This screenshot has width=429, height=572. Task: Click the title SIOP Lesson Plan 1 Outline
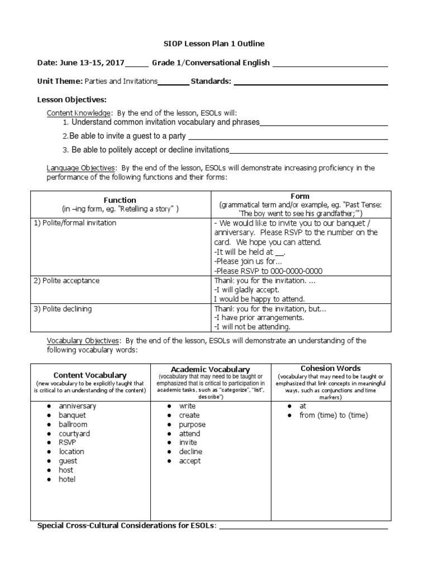(214, 44)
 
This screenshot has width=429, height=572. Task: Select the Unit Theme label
(60, 82)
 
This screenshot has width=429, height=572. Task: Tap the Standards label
(211, 82)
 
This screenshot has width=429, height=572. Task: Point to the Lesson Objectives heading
(71, 100)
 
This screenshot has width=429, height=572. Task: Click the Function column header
(120, 200)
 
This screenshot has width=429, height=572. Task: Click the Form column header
(301, 197)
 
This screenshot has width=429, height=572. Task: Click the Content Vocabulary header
(90, 375)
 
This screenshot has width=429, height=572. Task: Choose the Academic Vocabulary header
(210, 370)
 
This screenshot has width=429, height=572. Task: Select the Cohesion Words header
(331, 369)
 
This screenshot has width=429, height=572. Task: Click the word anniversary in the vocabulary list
(78, 406)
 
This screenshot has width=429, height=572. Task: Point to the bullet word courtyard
(74, 433)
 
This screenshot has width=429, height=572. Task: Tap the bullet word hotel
(67, 479)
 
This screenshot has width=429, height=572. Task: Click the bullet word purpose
(192, 425)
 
